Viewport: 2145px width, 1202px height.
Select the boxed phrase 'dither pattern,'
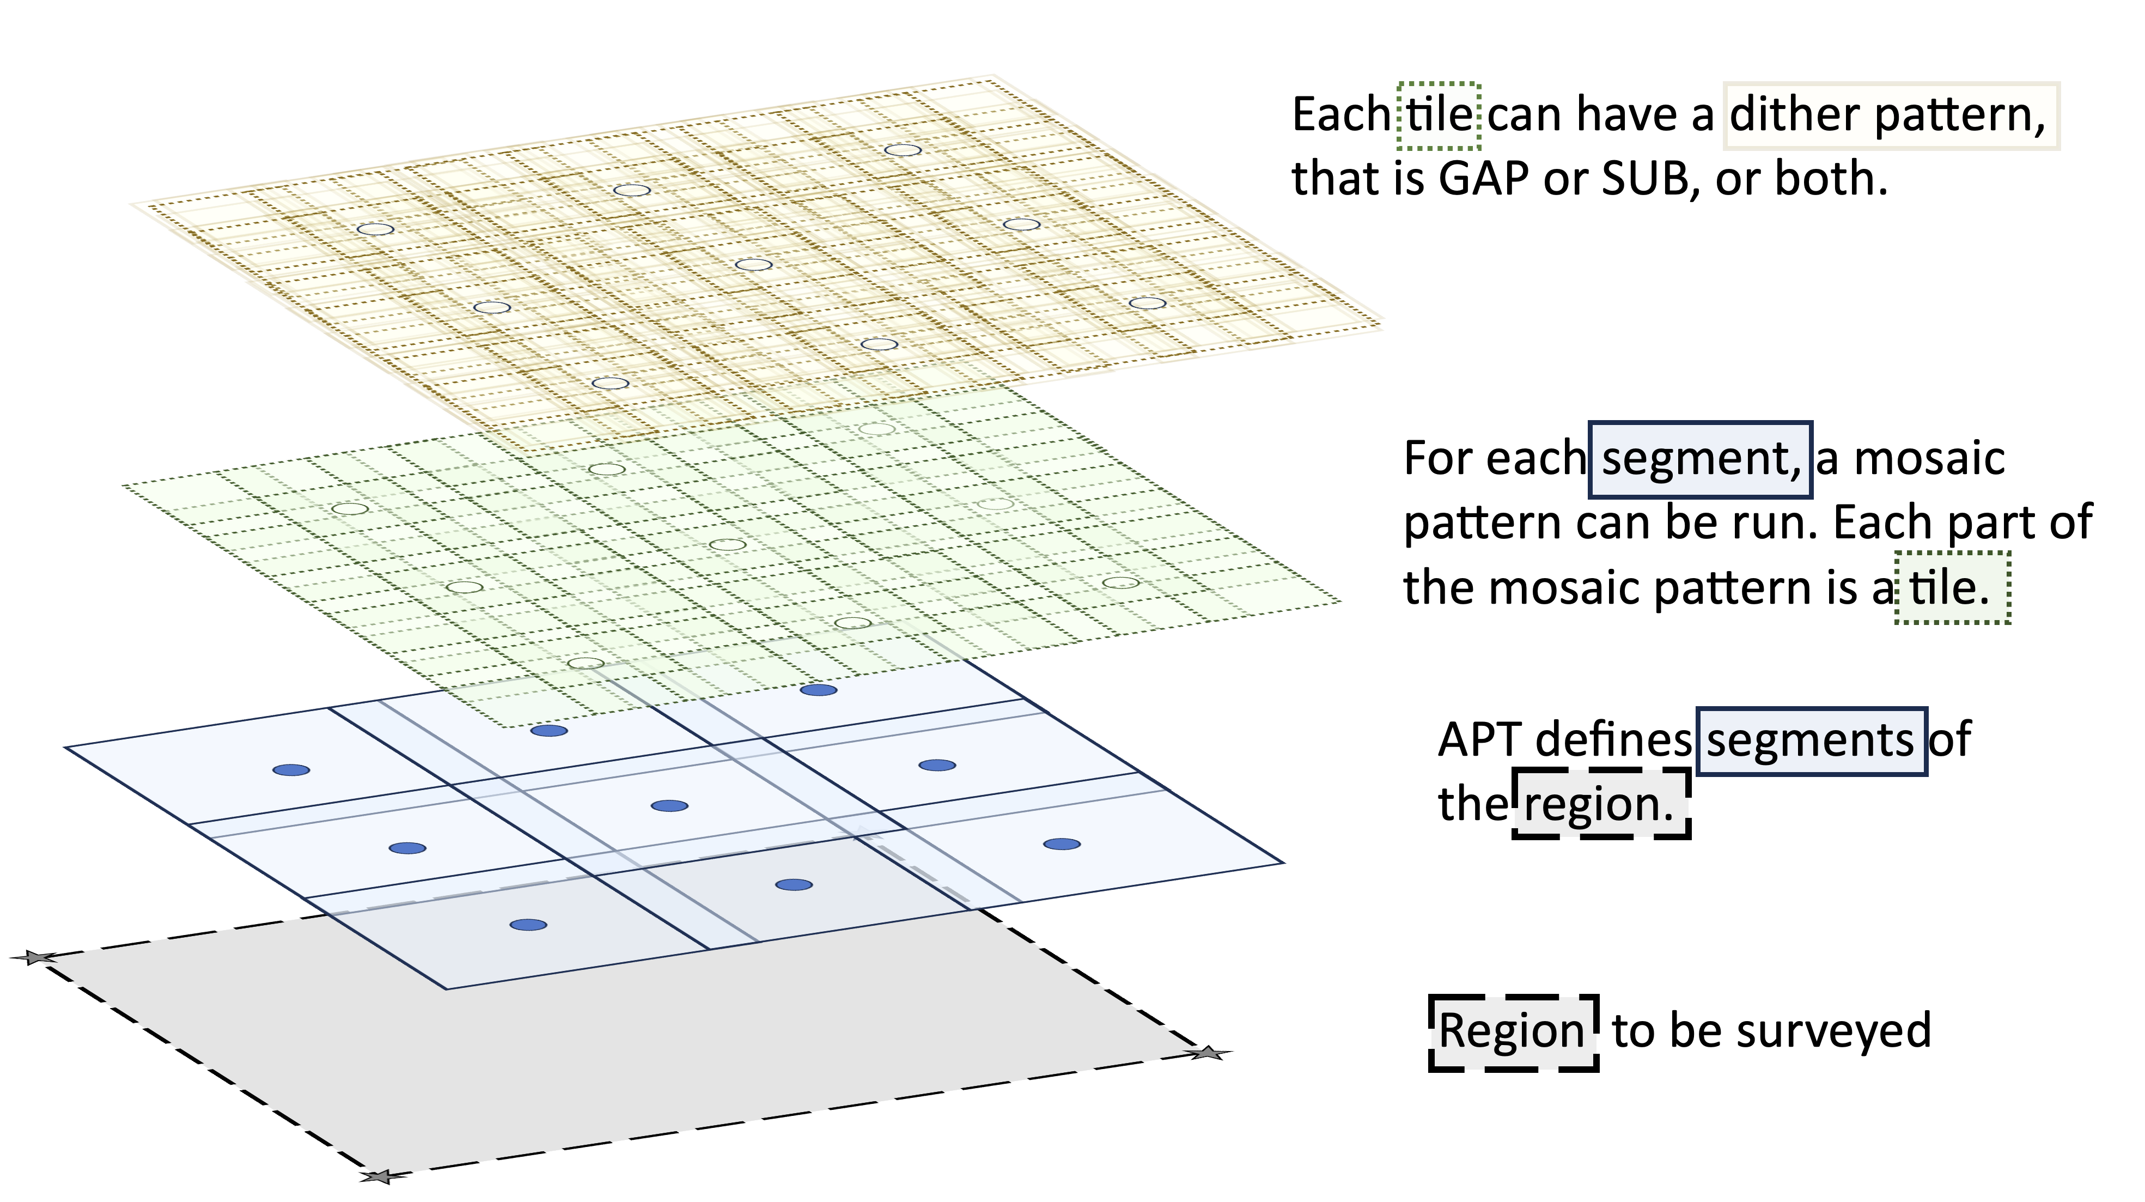(x=1888, y=115)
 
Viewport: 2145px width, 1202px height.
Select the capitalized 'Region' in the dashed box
(x=1512, y=1031)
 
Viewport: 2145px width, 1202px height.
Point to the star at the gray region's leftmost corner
(x=35, y=958)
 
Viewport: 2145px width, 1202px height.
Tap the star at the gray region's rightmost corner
(x=1208, y=1054)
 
